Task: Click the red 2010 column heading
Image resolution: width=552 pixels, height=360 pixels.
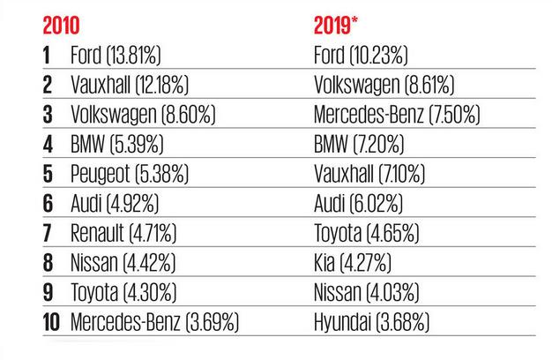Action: tap(61, 26)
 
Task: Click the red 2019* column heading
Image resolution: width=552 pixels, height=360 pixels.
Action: tap(335, 26)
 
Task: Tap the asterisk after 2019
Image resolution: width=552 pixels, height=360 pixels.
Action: tap(354, 20)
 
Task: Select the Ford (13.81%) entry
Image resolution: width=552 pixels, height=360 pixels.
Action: tap(116, 56)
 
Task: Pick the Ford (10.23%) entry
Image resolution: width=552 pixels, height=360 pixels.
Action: tap(361, 56)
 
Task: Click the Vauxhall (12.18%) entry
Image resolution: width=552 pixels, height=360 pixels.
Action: tap(130, 85)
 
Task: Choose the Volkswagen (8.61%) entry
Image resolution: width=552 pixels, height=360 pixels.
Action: tap(384, 85)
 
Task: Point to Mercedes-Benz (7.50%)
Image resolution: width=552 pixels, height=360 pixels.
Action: tap(397, 115)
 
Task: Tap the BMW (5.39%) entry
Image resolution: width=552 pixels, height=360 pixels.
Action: tap(117, 144)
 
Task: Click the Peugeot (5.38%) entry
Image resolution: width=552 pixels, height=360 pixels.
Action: tap(130, 174)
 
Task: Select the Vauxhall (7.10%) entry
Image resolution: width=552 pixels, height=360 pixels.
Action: tap(369, 174)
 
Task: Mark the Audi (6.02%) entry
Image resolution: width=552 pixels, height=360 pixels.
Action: tap(358, 203)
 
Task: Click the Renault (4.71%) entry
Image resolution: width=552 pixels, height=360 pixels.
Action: tap(123, 233)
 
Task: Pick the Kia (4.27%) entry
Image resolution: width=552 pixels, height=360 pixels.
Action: tap(353, 262)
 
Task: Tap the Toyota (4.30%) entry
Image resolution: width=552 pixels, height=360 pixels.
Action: tap(123, 292)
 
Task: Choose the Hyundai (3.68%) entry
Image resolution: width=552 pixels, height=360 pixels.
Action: tap(371, 321)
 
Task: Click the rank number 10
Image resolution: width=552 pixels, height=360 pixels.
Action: tap(51, 322)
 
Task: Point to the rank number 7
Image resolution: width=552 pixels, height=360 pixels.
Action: tap(48, 233)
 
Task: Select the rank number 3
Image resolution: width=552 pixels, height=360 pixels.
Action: tap(48, 115)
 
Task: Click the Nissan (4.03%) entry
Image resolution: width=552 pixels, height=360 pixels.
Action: tap(367, 292)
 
